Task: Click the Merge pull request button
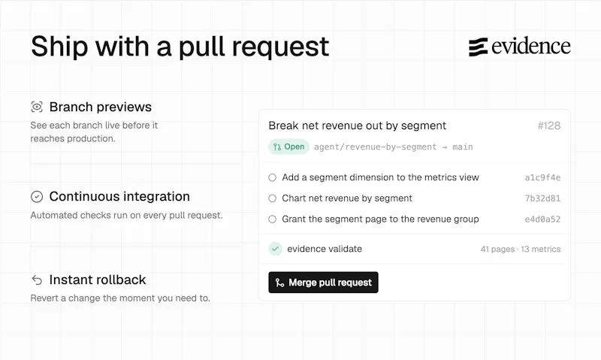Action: click(323, 283)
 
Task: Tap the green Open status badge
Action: click(288, 147)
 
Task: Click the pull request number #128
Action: click(549, 126)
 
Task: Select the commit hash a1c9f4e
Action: click(542, 177)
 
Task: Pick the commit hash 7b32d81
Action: click(542, 198)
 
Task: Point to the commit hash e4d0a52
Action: click(542, 219)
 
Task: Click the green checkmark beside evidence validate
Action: click(275, 249)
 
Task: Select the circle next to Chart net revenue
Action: click(272, 198)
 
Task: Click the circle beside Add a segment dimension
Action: click(272, 177)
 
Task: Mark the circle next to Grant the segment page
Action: click(272, 219)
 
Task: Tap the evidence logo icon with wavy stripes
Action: click(478, 47)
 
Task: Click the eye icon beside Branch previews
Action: click(37, 107)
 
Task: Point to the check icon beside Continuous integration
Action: click(37, 197)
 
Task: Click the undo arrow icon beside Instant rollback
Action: click(37, 280)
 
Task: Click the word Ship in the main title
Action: click(59, 47)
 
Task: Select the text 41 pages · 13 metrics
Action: click(521, 250)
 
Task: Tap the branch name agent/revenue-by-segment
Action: click(375, 147)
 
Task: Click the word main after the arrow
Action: click(463, 147)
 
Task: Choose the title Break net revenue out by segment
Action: click(358, 126)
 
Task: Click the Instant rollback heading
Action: click(98, 280)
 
